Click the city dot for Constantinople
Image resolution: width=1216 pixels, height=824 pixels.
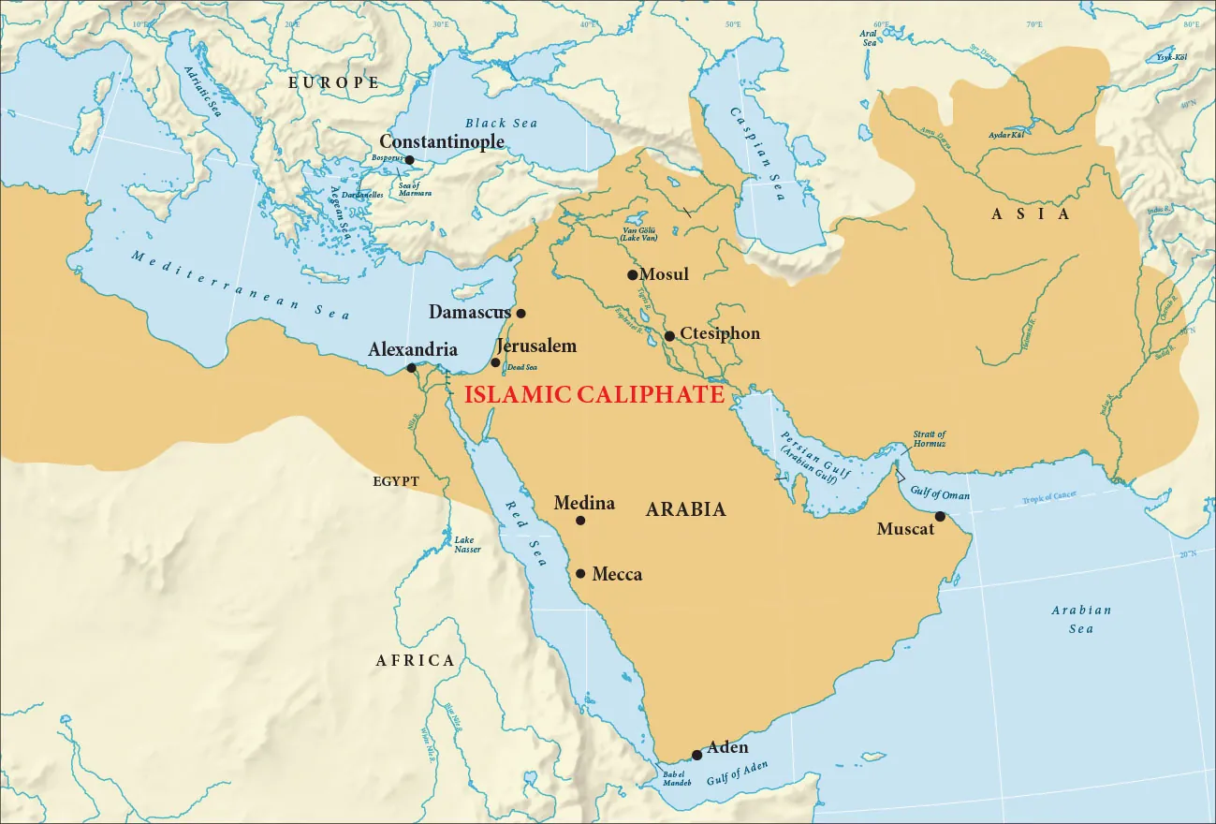coord(409,160)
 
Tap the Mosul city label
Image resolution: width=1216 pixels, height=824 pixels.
coord(664,274)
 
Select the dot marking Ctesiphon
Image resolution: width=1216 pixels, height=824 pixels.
coord(669,336)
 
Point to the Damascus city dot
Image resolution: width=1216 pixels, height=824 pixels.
coord(521,314)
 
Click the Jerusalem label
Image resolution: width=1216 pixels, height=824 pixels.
coord(536,346)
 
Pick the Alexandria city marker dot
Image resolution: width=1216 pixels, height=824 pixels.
coord(411,368)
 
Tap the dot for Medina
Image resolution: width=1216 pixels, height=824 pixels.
coord(580,521)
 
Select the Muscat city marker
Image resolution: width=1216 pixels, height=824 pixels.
coord(940,516)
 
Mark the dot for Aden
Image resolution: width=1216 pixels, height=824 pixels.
coord(696,755)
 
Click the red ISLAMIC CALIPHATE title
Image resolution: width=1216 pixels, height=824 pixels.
coord(594,394)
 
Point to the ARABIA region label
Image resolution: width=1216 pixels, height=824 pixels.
coord(686,509)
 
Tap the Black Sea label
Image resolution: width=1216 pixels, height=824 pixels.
coord(501,123)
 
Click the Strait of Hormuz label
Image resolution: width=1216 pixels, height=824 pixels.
coord(929,438)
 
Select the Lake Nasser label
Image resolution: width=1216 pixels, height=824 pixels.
coord(467,544)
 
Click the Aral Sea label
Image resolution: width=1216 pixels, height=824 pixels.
coord(869,37)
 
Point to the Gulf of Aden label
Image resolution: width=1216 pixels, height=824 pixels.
coord(738,773)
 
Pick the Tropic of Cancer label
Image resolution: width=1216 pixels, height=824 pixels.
coord(1049,497)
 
